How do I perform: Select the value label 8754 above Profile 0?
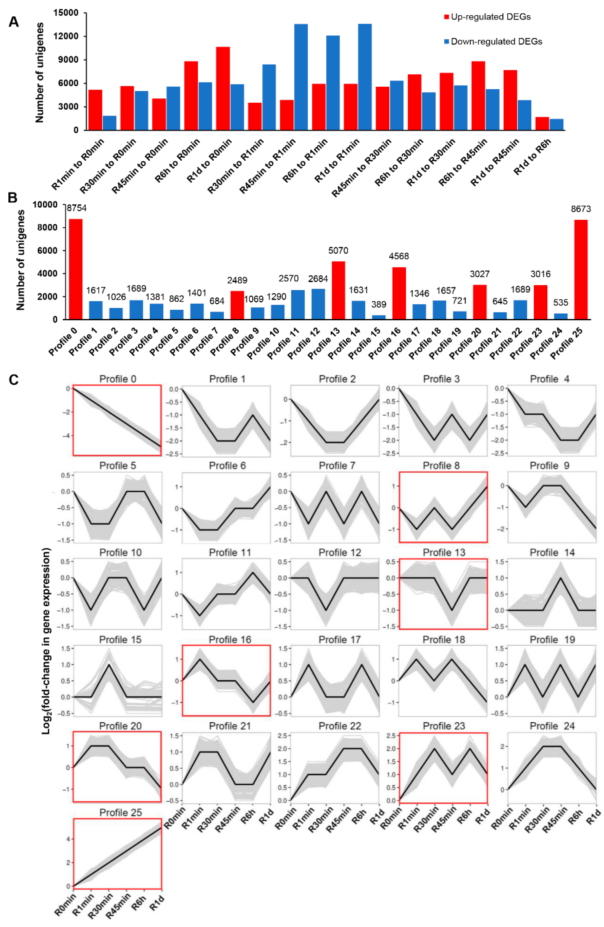[76, 208]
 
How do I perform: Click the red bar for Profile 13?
[338, 290]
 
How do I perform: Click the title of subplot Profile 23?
[443, 726]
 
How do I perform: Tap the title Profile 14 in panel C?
[552, 553]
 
